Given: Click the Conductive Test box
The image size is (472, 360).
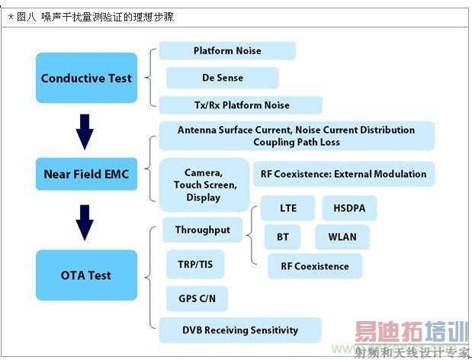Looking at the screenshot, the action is coord(86,78).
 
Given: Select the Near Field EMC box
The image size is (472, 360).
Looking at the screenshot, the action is coord(86,174).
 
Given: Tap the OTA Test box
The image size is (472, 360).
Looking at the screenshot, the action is coord(86,275).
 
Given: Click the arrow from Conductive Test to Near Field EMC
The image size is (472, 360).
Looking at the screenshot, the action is coord(85,132).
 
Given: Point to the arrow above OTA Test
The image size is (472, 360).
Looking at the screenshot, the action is coord(85,223).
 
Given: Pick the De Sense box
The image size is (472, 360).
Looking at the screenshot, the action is coord(223,78).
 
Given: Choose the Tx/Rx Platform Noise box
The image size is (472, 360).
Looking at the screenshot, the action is coord(241,105).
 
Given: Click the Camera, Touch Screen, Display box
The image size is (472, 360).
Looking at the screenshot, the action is coord(204,185).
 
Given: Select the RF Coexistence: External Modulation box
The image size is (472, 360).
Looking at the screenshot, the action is coord(344,174).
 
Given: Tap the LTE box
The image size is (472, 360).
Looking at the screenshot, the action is coord(287,208).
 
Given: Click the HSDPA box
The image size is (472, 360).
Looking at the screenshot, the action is coord(349,208).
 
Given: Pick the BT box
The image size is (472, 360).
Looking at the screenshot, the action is coord(283,237).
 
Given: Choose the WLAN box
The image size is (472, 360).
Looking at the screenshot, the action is coord(342,237).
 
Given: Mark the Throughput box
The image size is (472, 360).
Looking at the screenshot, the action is coord(203,230).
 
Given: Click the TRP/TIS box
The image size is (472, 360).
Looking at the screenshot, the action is coord(195,265).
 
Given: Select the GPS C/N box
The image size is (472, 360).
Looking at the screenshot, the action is coord(197,298).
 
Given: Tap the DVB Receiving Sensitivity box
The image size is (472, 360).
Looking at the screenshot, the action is coord(240,330).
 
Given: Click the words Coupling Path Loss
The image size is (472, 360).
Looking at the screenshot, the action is coord(297,142).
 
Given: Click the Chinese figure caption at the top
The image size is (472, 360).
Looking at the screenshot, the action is coord(91,17).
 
